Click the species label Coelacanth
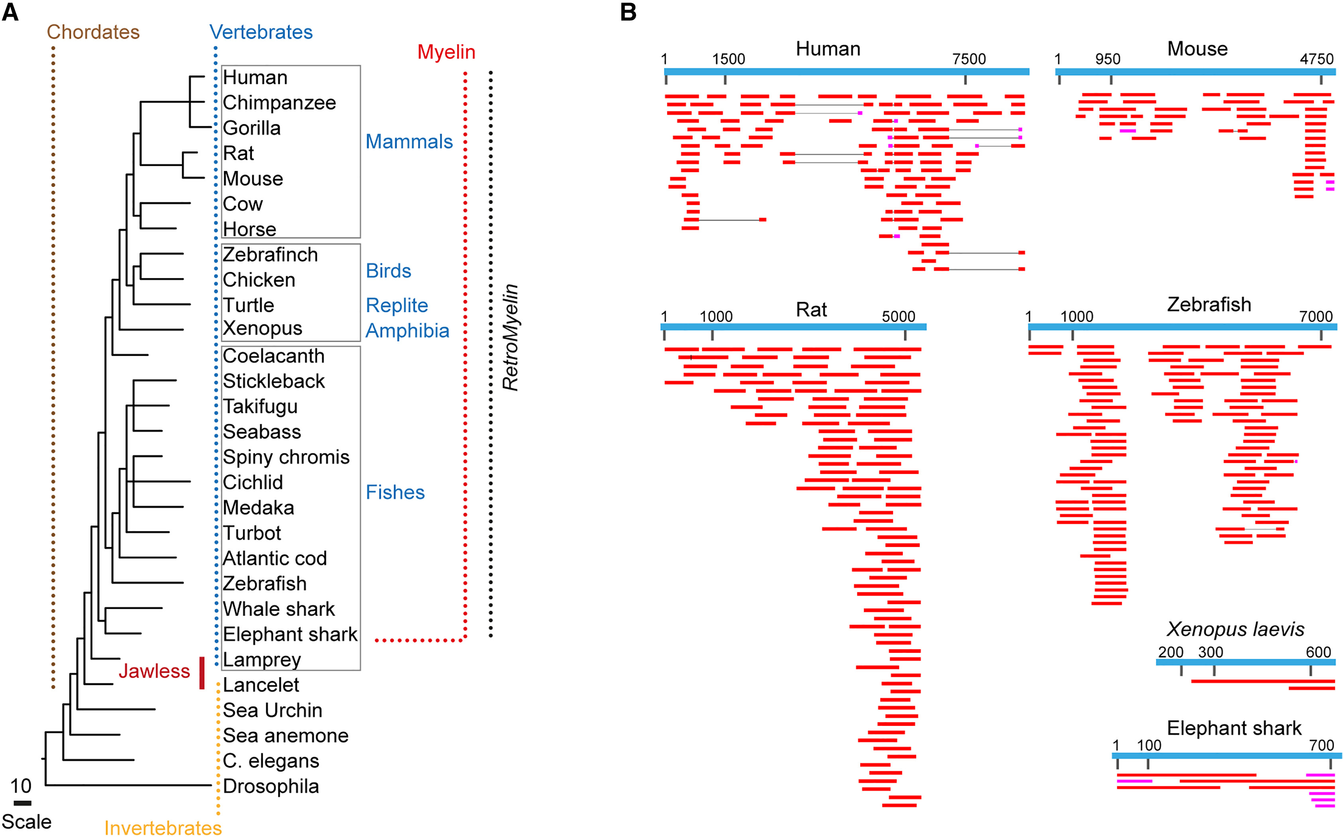[273, 356]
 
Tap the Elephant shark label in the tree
[290, 634]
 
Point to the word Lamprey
[262, 659]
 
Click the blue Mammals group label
[409, 142]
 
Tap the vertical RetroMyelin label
[510, 338]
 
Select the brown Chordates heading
[93, 32]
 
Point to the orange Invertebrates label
[163, 827]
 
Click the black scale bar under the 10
[22, 803]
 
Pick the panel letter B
[628, 12]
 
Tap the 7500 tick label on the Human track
[969, 59]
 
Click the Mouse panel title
[1197, 49]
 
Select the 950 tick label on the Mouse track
[1108, 59]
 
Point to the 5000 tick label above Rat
[898, 317]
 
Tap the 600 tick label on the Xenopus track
[1318, 652]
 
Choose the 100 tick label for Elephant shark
[1149, 745]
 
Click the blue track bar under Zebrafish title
[1182, 327]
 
